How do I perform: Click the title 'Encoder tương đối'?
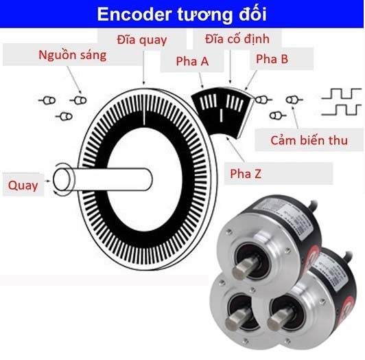[x=182, y=14]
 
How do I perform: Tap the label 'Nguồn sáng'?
[x=73, y=56]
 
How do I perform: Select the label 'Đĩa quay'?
[x=142, y=40]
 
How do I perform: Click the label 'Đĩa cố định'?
[x=237, y=38]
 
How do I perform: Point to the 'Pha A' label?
[x=192, y=61]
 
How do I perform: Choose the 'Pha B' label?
[x=272, y=59]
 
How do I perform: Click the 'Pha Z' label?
[x=246, y=174]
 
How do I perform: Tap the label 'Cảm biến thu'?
[x=309, y=140]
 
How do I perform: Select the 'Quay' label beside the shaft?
[x=23, y=185]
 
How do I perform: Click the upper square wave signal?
[x=342, y=93]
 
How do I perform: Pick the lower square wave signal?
[x=342, y=110]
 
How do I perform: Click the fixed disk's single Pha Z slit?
[x=221, y=115]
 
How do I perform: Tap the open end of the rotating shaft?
[x=62, y=179]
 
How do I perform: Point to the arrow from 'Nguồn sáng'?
[x=74, y=80]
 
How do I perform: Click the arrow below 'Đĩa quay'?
[x=143, y=67]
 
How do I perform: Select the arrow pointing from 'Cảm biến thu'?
[x=295, y=117]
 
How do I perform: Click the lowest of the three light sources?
[x=64, y=116]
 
